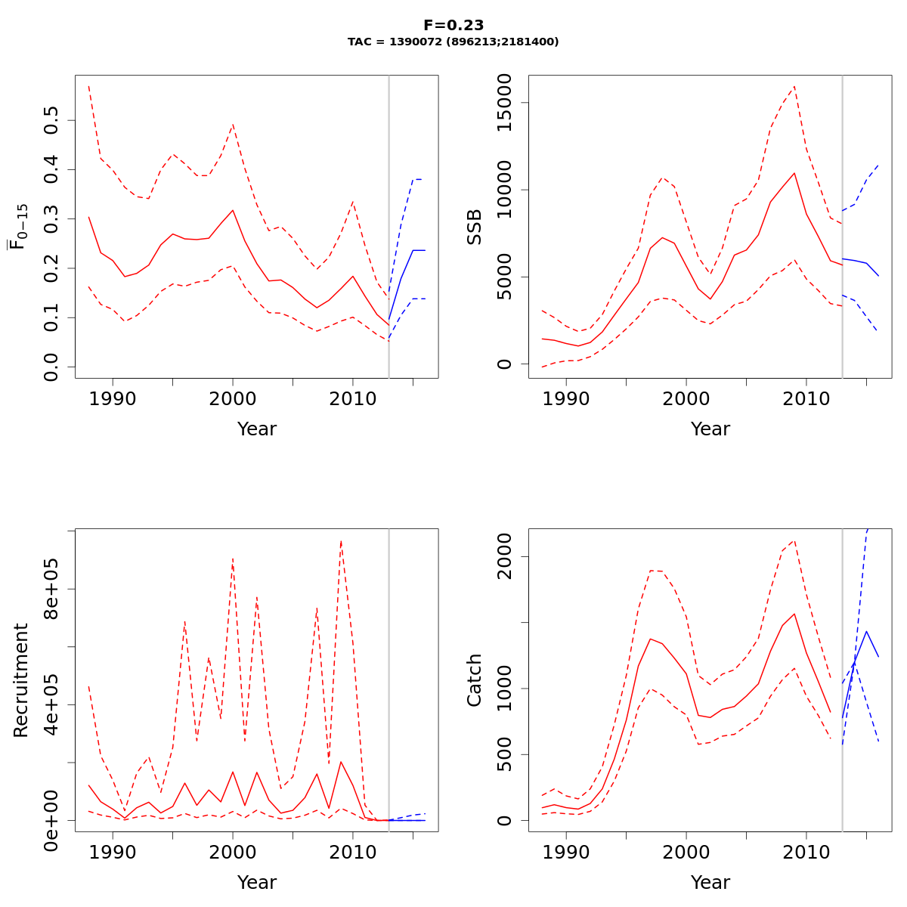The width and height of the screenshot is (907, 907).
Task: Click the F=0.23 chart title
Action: click(x=453, y=25)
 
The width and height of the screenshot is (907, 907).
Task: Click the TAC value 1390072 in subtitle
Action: click(x=417, y=42)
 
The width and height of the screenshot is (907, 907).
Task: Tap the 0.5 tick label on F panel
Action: click(x=52, y=120)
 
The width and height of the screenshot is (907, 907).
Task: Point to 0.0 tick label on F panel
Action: click(x=52, y=367)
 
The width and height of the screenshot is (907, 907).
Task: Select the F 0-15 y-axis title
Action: click(x=20, y=227)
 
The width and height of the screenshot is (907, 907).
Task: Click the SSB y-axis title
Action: click(x=474, y=227)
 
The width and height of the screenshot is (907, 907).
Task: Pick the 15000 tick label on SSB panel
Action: click(x=506, y=103)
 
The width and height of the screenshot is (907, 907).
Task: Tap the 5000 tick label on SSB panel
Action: click(x=506, y=277)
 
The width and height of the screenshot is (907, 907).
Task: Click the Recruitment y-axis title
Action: click(x=20, y=680)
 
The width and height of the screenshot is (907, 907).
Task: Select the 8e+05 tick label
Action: click(x=52, y=589)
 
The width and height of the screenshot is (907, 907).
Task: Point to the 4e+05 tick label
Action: click(x=52, y=704)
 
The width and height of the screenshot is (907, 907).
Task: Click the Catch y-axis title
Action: click(x=474, y=680)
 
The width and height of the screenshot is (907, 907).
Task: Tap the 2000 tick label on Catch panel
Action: click(x=506, y=557)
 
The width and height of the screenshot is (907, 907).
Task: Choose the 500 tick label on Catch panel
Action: click(x=506, y=754)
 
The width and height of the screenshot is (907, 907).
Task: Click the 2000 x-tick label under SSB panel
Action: click(x=686, y=399)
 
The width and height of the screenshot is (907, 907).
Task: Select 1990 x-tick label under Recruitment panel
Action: click(x=113, y=853)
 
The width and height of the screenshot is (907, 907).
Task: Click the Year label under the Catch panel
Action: click(x=710, y=882)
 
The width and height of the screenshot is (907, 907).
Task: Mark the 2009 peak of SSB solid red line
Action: click(x=794, y=173)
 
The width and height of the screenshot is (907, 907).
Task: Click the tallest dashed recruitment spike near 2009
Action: click(x=341, y=541)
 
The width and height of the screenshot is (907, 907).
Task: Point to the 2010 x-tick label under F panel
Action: click(x=352, y=399)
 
